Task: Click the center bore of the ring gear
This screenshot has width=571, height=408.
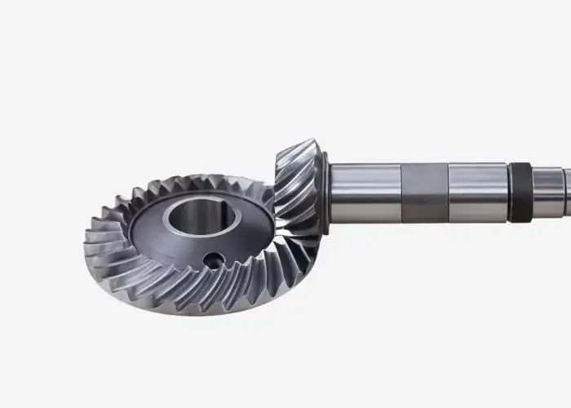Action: point(196,221)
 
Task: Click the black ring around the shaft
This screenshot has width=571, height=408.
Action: point(519,193)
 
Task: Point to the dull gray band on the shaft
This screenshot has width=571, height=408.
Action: point(425,193)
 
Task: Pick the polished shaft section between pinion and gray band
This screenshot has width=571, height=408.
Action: point(367,193)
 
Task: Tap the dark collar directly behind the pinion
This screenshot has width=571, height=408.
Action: point(327,193)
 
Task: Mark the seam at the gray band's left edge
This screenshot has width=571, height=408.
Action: point(402,193)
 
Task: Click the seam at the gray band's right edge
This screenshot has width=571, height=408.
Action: point(448,193)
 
